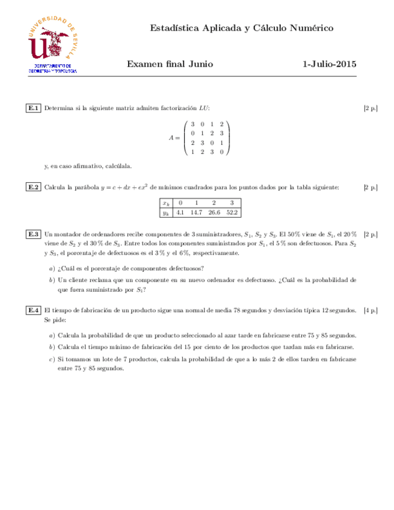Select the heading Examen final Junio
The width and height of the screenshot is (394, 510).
coord(171,64)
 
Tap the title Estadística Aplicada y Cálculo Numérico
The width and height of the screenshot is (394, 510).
coord(241,28)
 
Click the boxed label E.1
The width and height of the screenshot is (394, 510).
coord(34,108)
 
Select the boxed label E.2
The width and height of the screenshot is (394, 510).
coord(34,188)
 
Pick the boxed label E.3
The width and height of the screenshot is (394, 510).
coord(34,234)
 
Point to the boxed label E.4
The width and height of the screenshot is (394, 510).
coord(34,310)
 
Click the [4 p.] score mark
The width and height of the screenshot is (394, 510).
coord(371,310)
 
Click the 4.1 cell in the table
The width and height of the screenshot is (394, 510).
coord(179,212)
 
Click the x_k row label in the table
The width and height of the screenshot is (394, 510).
coord(165,203)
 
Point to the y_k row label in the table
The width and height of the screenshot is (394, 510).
coord(165,212)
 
